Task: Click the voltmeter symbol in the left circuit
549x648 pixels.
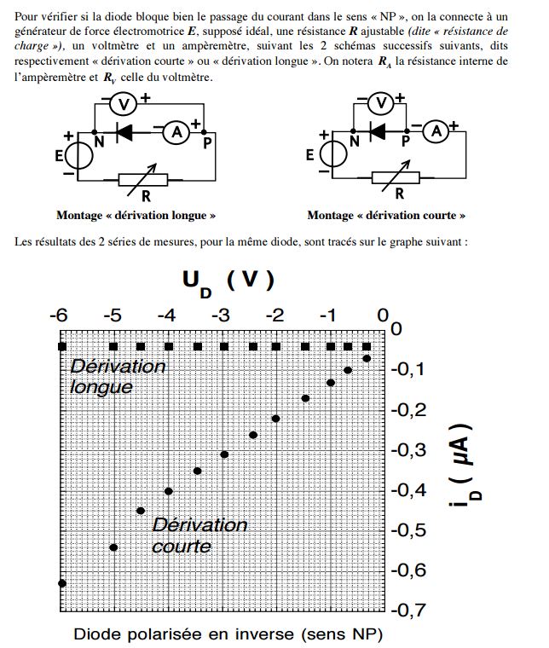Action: click(124, 103)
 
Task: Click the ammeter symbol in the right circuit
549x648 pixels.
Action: click(436, 130)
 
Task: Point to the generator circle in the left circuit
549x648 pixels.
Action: click(81, 156)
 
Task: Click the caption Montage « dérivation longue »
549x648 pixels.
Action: click(136, 215)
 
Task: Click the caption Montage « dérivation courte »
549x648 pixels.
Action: click(386, 215)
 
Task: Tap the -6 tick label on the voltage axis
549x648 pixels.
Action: click(58, 314)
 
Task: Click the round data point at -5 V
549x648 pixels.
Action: click(114, 547)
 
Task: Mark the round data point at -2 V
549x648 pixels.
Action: click(275, 419)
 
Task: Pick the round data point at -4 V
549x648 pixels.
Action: click(168, 491)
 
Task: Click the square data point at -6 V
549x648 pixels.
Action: click(61, 346)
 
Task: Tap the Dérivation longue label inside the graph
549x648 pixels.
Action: click(118, 376)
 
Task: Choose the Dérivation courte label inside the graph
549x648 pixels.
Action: click(199, 535)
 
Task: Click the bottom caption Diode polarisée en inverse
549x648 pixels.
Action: click(228, 634)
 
